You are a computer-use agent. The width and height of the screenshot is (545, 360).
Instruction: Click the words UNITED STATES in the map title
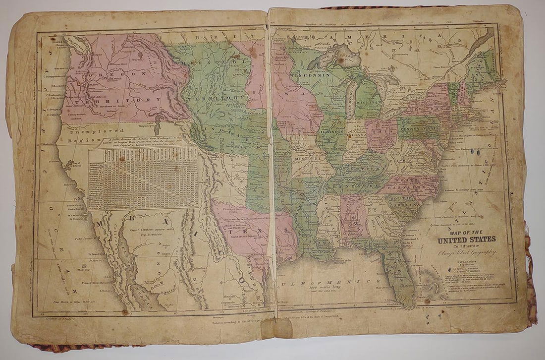coord(466,240)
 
